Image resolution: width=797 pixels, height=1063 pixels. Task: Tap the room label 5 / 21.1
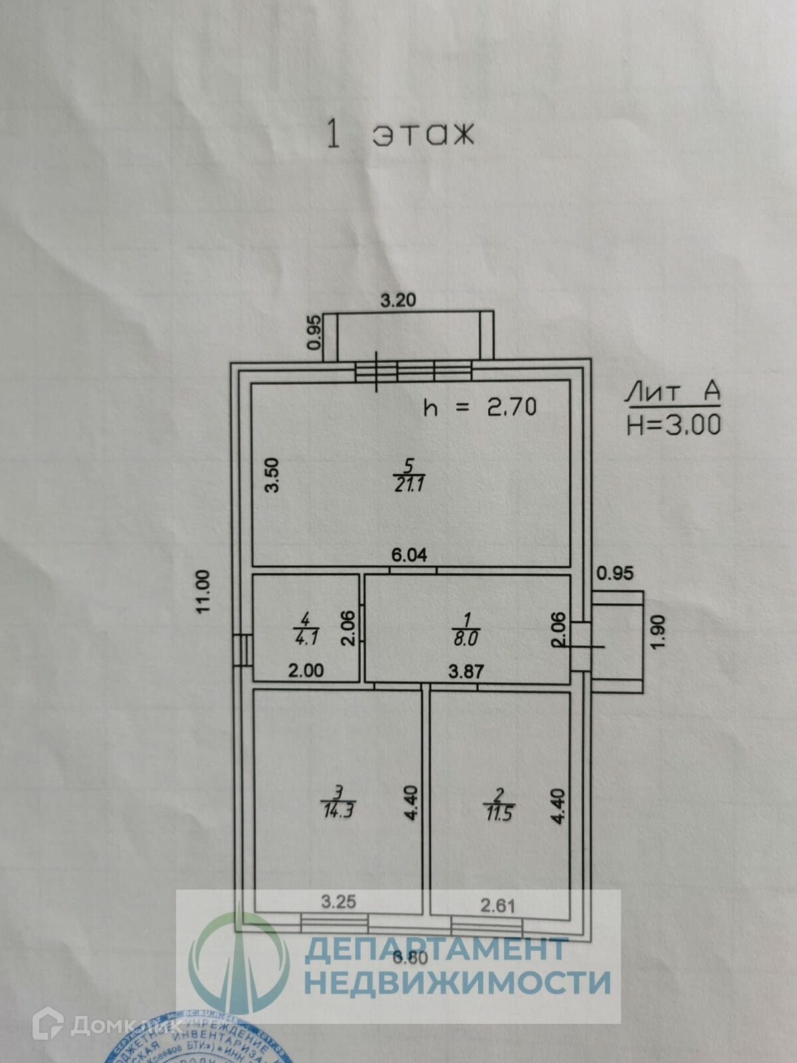click(x=408, y=475)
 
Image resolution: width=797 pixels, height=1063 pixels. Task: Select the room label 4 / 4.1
click(x=305, y=629)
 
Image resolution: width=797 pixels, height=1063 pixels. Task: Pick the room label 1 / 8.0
click(x=466, y=629)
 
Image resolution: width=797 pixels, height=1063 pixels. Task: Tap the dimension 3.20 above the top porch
click(x=398, y=300)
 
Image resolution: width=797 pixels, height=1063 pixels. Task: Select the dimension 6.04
click(x=408, y=555)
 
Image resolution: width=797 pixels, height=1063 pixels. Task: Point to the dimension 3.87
click(x=466, y=671)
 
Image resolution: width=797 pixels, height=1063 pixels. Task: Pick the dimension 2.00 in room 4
click(x=306, y=671)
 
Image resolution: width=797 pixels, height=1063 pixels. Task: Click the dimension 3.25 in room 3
click(x=339, y=902)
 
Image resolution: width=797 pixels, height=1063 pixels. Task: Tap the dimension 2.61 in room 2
click(x=497, y=905)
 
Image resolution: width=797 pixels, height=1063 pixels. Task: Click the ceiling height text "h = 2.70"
click(x=480, y=407)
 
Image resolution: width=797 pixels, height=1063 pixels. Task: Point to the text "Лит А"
click(x=673, y=393)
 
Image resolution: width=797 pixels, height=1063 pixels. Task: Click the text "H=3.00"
click(x=673, y=424)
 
